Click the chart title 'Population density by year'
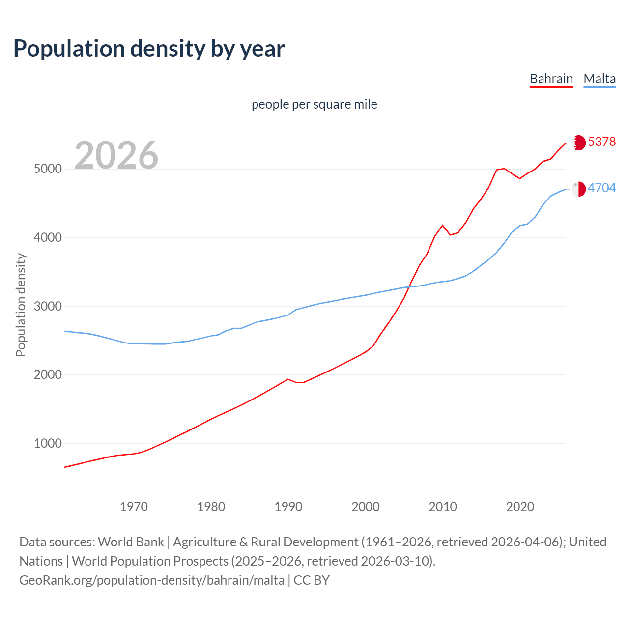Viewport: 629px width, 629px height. [x=149, y=48]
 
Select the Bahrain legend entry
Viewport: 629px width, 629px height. [x=551, y=79]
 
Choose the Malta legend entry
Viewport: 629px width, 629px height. [x=600, y=79]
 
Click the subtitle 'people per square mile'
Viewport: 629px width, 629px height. [x=314, y=104]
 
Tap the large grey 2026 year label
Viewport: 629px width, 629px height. [x=116, y=155]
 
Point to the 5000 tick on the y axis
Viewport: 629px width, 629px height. [x=48, y=169]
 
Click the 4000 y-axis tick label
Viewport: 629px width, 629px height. [x=48, y=237]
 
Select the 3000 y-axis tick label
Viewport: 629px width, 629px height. [x=48, y=306]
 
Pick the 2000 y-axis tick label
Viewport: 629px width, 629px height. [x=48, y=374]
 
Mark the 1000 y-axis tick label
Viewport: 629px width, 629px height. [x=48, y=443]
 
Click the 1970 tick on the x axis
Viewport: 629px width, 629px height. [x=134, y=507]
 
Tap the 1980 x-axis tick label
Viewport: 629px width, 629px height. [x=211, y=507]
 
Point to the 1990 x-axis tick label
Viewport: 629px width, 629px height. [x=288, y=507]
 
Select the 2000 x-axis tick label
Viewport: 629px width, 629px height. [x=366, y=507]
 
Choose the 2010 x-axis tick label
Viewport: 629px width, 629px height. [x=443, y=507]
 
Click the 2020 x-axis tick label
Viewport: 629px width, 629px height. [x=520, y=507]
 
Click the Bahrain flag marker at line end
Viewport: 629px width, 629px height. [x=579, y=143]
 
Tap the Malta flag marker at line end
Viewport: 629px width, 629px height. [x=579, y=189]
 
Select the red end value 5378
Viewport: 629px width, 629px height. [x=602, y=142]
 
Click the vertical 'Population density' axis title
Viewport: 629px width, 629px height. [x=21, y=305]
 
